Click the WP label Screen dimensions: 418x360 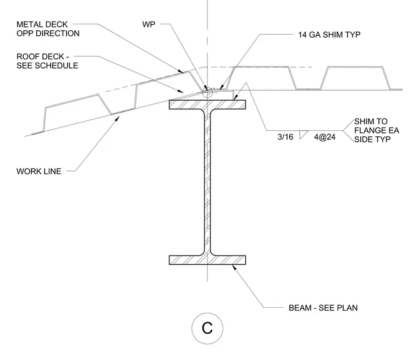click(x=148, y=24)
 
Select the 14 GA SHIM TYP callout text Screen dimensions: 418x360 click(x=329, y=35)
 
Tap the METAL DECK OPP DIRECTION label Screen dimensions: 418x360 click(x=48, y=29)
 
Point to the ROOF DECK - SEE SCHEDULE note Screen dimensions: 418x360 click(x=47, y=61)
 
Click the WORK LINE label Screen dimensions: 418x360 click(x=39, y=171)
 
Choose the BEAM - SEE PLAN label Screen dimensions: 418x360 click(x=323, y=308)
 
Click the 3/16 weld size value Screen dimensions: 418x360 click(x=285, y=137)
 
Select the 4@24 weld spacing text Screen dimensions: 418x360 click(x=324, y=137)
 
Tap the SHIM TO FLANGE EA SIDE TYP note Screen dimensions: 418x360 click(x=376, y=130)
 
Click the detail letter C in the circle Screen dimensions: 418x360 click(x=207, y=328)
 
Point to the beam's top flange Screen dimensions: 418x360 click(x=207, y=104)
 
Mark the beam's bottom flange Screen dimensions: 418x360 click(x=207, y=260)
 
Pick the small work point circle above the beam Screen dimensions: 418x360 click(x=207, y=92)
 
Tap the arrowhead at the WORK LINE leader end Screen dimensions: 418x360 click(x=117, y=119)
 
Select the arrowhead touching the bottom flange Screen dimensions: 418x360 click(x=234, y=267)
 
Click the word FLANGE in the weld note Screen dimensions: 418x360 click(x=369, y=130)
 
